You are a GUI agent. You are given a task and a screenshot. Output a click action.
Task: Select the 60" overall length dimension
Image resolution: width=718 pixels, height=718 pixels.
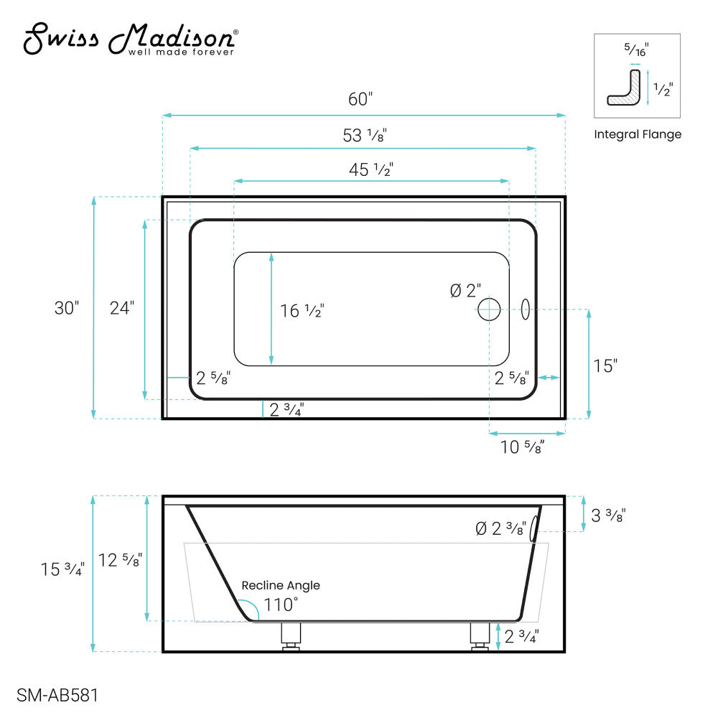(360, 99)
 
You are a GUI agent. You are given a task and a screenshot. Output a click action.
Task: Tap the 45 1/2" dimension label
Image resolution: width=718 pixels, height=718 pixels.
(371, 169)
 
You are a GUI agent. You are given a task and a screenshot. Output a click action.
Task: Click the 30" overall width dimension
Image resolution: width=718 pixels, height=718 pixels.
(66, 308)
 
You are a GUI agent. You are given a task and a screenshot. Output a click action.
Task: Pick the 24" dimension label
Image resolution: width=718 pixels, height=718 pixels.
(121, 308)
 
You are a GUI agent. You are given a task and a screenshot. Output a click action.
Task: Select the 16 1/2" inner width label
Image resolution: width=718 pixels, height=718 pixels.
(302, 310)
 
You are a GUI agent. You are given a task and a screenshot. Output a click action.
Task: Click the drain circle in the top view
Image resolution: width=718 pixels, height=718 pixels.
(489, 309)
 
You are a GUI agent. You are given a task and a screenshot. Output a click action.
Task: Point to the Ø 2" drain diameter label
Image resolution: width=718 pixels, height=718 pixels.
(465, 290)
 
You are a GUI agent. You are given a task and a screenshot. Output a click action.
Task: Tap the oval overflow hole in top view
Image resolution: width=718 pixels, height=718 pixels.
(526, 309)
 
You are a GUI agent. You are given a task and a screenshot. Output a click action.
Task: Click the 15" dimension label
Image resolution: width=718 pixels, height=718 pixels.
(605, 365)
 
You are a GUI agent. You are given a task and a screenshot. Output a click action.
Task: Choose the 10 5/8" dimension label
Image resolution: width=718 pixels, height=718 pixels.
(522, 447)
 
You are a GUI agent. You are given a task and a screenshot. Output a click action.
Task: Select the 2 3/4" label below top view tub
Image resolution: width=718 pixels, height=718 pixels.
(286, 410)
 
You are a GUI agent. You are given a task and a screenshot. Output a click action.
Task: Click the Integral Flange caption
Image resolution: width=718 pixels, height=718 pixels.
(638, 134)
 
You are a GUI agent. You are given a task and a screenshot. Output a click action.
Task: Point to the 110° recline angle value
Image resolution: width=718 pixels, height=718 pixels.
(280, 604)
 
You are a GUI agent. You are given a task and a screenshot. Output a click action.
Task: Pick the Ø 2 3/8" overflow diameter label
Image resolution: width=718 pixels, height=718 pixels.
(500, 529)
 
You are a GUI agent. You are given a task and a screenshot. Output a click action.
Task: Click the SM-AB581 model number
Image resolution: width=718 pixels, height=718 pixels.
(57, 695)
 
